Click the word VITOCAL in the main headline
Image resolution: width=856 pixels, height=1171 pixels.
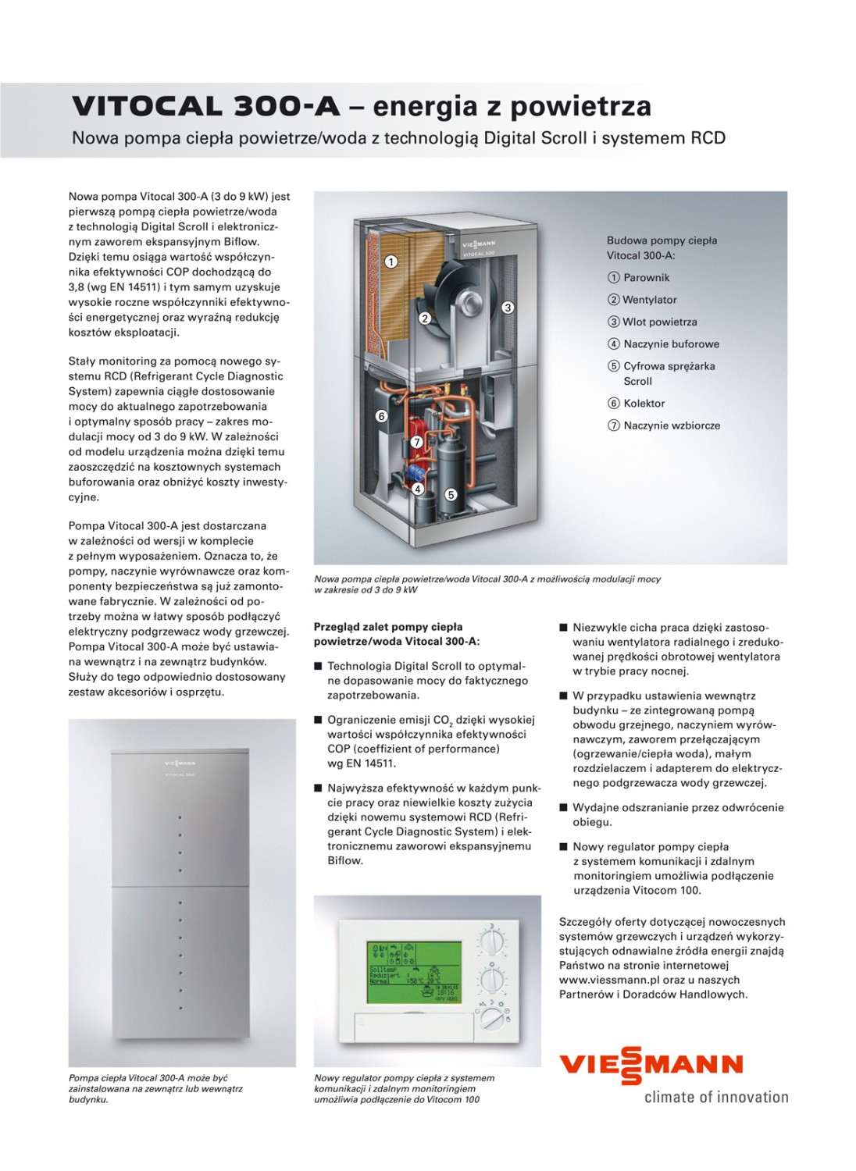coord(148,107)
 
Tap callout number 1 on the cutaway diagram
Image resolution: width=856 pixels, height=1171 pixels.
coord(391,262)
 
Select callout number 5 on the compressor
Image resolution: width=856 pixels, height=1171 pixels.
coord(451,495)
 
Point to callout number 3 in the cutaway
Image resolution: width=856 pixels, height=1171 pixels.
coord(508,308)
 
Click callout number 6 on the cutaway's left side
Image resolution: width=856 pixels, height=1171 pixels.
coord(381,416)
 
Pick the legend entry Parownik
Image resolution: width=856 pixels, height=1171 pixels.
coord(646,278)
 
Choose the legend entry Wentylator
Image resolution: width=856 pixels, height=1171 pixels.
coord(649,300)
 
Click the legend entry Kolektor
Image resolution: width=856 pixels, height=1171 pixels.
coord(644,404)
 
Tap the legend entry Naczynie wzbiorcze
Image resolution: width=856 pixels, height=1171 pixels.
coord(671,425)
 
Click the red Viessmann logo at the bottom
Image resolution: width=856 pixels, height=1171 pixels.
coord(651,1065)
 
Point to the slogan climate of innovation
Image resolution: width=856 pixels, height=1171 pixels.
coord(715,1098)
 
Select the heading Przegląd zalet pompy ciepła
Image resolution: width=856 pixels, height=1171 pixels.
coord(388,627)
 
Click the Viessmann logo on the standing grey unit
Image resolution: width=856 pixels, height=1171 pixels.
coord(180,763)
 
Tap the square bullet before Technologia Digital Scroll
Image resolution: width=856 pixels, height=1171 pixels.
coord(318,667)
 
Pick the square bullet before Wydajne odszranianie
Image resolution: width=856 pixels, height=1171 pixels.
coord(563,808)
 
